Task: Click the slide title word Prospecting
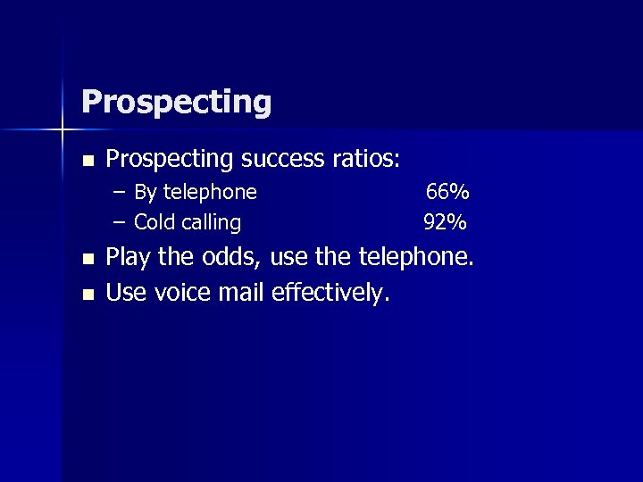tap(176, 103)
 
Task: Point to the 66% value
tap(447, 192)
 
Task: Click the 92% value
tap(445, 222)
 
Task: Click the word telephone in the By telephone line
tap(210, 193)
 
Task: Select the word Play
tap(129, 260)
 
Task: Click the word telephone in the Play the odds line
tap(416, 259)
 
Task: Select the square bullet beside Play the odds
tap(87, 261)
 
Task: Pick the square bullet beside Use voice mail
tap(87, 294)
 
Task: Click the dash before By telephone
tap(119, 192)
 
